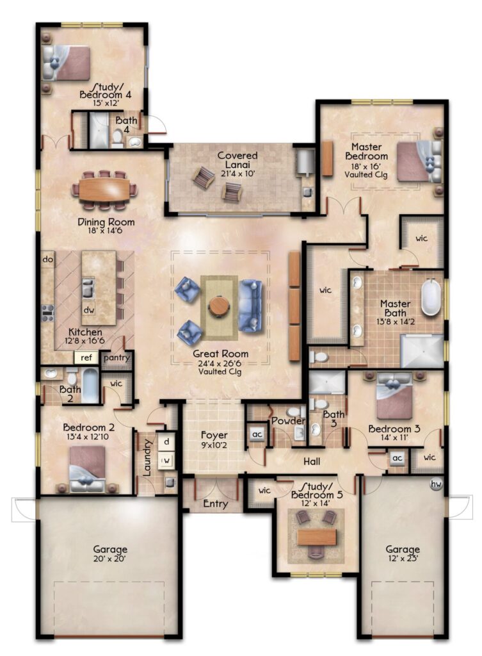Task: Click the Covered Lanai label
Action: click(237, 160)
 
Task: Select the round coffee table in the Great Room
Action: click(219, 306)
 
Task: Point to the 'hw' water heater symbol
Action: click(437, 484)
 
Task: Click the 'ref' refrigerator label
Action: click(86, 357)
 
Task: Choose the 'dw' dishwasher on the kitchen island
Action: click(88, 310)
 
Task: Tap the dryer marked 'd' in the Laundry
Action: click(166, 441)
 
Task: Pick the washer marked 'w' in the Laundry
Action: click(166, 461)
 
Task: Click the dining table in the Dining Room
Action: click(104, 189)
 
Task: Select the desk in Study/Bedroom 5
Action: click(316, 537)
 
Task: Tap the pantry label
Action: click(116, 357)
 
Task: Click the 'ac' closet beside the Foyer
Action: click(257, 434)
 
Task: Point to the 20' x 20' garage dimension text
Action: click(109, 558)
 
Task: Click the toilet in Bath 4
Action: click(118, 137)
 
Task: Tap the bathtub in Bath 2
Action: click(90, 386)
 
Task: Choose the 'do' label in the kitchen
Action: click(47, 259)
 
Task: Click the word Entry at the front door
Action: click(215, 504)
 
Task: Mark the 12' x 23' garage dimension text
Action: click(402, 558)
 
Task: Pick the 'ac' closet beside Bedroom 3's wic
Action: click(397, 457)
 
